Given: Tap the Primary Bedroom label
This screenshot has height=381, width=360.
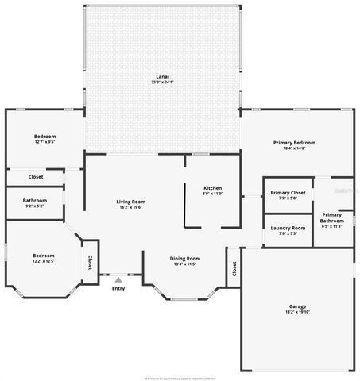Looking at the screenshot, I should pyautogui.click(x=294, y=143).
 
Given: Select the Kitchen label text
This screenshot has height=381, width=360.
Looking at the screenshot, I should pyautogui.click(x=212, y=188).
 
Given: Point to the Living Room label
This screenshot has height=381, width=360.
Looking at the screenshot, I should pyautogui.click(x=132, y=202).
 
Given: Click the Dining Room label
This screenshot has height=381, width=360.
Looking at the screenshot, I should pyautogui.click(x=185, y=259).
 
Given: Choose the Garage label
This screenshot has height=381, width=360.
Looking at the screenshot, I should pyautogui.click(x=298, y=306).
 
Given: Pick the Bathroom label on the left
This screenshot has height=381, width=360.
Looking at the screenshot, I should pyautogui.click(x=35, y=201).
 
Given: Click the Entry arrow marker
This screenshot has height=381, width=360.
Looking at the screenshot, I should pyautogui.click(x=118, y=279).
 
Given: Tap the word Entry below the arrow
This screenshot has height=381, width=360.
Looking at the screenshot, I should pyautogui.click(x=118, y=288).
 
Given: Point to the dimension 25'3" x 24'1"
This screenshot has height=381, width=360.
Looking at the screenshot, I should pyautogui.click(x=162, y=83).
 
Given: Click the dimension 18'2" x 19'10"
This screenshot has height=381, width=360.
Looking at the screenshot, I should pyautogui.click(x=298, y=312).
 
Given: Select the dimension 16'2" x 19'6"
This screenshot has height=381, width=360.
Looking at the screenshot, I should pyautogui.click(x=132, y=207).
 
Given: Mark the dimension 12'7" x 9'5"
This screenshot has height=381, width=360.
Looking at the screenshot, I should pyautogui.click(x=45, y=143).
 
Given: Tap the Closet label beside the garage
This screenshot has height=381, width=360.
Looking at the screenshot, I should pyautogui.click(x=234, y=268).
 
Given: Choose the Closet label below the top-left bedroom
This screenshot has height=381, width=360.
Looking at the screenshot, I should pyautogui.click(x=36, y=176).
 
